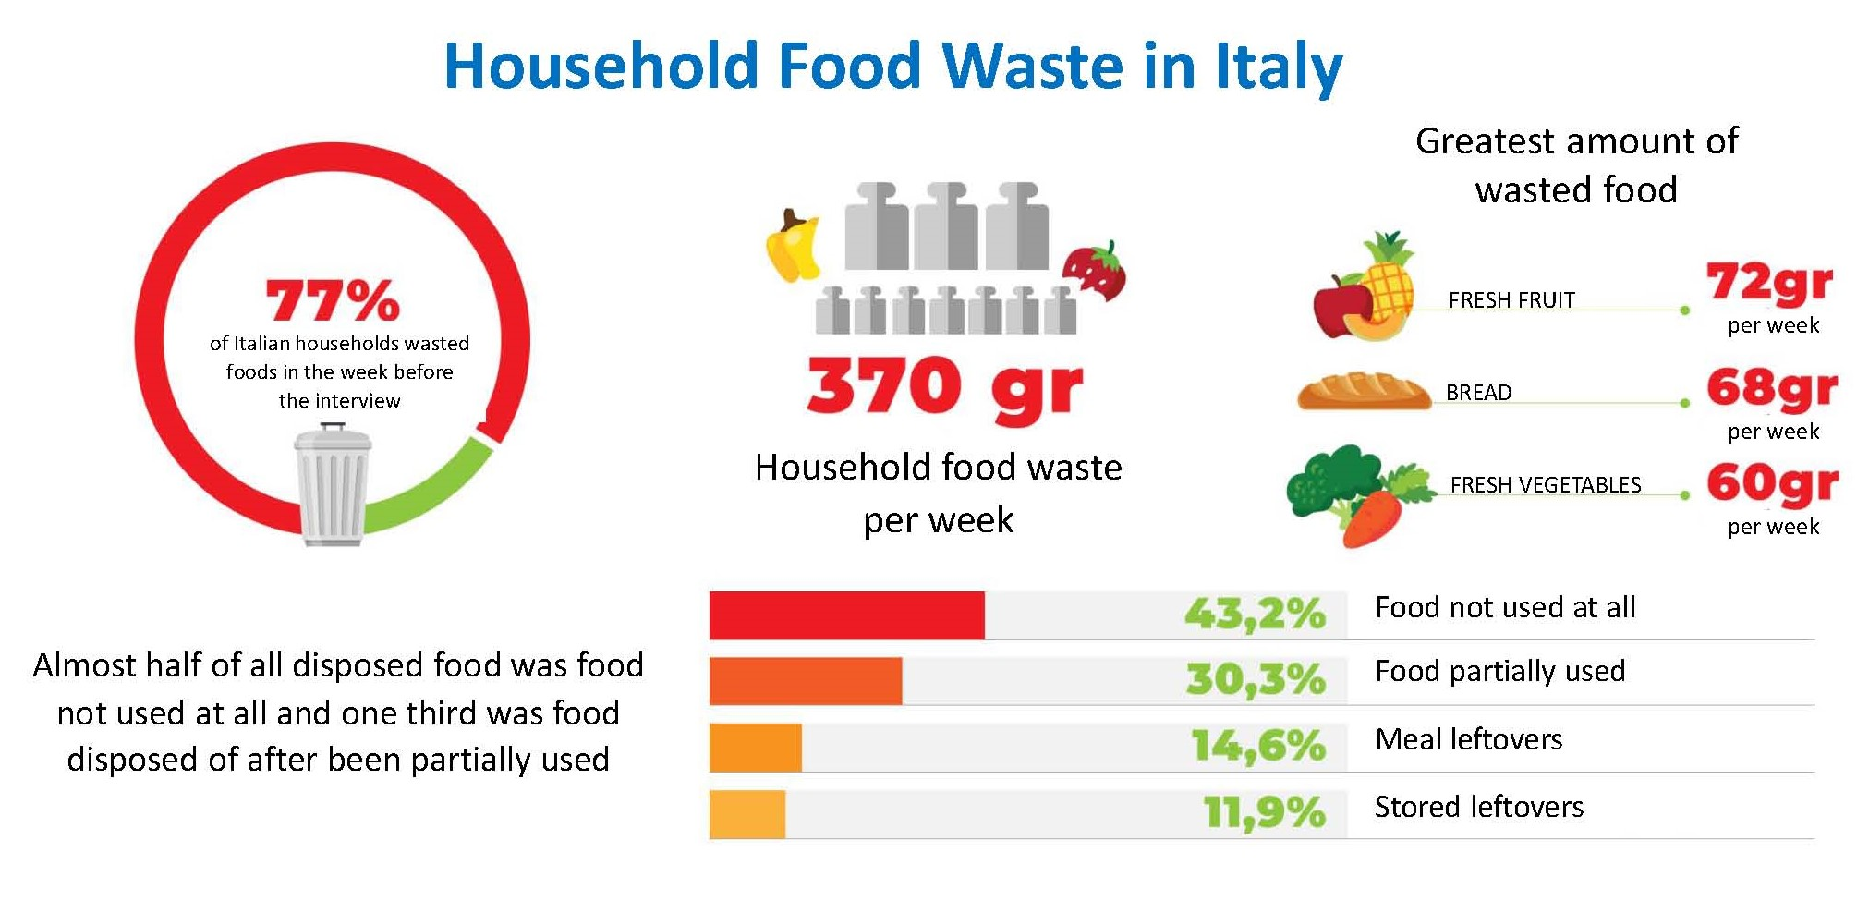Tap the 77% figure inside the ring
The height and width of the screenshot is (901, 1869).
point(333,299)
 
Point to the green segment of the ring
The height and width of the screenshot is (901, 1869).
point(434,490)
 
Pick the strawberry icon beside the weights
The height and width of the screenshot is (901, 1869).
point(1095,272)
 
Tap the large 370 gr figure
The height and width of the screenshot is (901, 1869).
point(944,386)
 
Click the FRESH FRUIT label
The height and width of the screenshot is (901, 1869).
point(1511,300)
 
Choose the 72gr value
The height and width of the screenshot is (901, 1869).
point(1769,282)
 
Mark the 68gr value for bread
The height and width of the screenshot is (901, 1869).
point(1771,388)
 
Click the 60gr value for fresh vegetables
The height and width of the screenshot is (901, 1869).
point(1771,483)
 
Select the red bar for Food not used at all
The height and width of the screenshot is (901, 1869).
point(846,615)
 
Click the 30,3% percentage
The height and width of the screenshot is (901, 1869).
point(1256,679)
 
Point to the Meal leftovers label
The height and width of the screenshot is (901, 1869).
point(1468,739)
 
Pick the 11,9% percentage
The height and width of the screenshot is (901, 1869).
point(1264,813)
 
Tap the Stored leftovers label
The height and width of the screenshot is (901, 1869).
point(1478,807)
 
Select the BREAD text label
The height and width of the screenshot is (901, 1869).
point(1478,393)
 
